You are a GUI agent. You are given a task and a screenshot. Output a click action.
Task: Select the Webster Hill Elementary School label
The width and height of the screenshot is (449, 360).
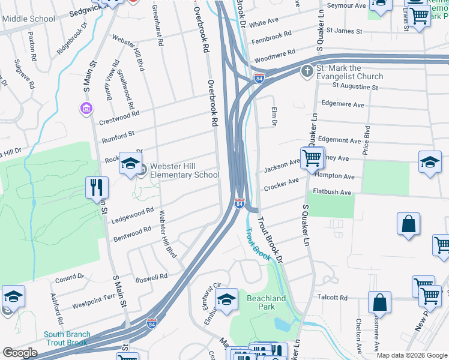184,170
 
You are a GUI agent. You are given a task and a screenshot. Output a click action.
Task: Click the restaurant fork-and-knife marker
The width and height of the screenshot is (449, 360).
96,188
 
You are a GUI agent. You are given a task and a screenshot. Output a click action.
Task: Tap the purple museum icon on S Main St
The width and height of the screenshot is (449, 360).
86,109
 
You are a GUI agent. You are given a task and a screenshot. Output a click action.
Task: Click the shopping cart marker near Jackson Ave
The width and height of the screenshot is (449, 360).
312,159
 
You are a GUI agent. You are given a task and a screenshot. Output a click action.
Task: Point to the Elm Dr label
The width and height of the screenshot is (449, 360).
274,116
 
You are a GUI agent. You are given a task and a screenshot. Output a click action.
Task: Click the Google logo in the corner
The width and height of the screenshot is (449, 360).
20,353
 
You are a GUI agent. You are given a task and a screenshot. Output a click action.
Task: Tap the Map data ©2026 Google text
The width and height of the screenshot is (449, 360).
412,355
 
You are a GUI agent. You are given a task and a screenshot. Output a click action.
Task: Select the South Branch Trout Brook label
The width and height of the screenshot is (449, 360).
67,338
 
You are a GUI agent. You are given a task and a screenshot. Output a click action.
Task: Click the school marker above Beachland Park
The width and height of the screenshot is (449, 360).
226,300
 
